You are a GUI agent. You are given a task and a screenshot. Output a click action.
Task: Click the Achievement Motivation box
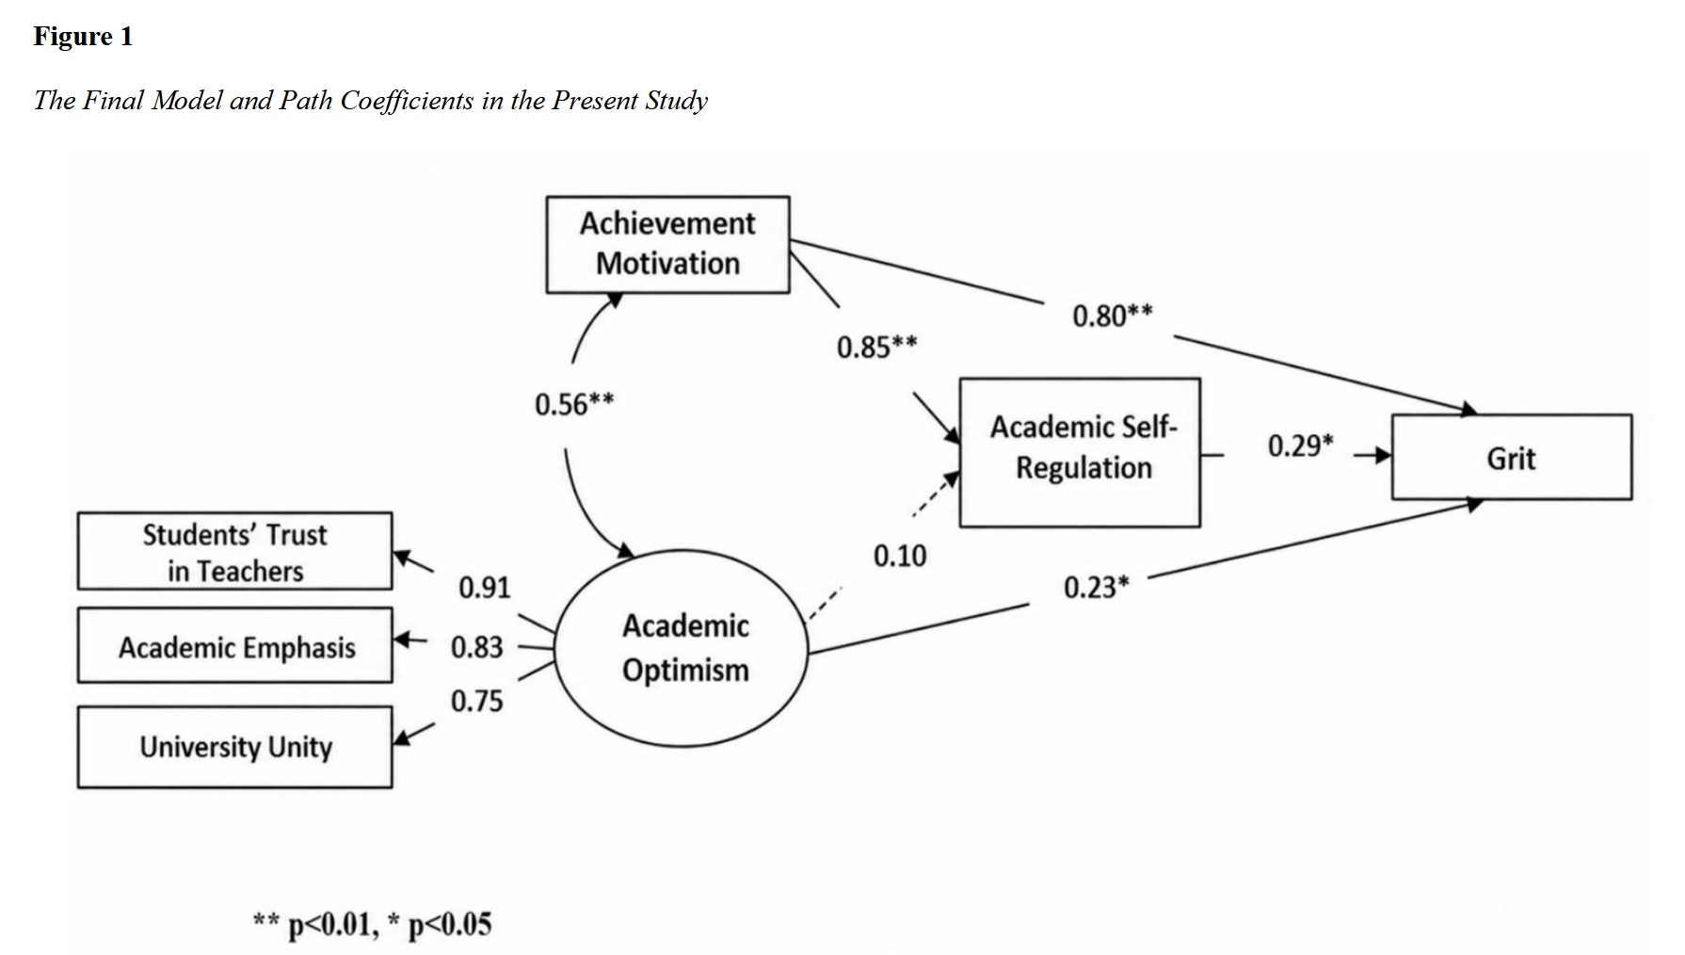667,244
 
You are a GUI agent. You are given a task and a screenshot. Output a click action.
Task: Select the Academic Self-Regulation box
1080,452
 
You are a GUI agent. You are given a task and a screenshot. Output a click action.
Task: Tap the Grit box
1511,458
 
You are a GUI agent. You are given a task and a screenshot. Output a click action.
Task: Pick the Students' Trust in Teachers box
234,552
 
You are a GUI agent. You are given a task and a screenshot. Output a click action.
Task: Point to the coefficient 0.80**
1112,316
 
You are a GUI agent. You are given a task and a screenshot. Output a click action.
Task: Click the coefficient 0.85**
876,348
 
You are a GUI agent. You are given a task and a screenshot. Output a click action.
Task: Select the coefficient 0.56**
574,405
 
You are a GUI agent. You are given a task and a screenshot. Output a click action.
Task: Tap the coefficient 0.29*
1300,445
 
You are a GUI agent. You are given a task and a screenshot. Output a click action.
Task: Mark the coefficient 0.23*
1096,588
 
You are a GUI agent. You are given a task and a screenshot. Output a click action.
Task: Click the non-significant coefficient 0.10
899,557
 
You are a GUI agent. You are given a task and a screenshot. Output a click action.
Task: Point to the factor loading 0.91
484,588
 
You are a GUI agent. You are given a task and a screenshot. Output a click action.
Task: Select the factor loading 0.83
477,647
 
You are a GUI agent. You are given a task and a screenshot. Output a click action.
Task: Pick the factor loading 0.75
477,702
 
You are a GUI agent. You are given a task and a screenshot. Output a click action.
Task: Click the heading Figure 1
83,37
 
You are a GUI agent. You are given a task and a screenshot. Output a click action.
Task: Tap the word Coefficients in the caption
407,101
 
